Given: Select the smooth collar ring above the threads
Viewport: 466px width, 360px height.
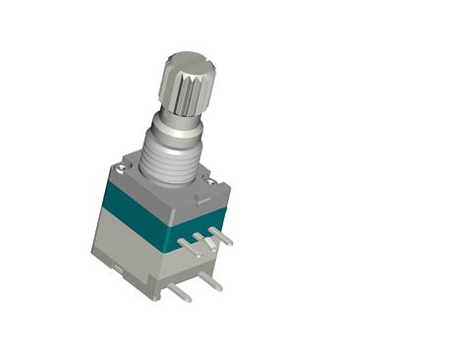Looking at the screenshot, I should [174, 131].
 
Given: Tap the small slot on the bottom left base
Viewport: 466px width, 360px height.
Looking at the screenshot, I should [118, 268].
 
